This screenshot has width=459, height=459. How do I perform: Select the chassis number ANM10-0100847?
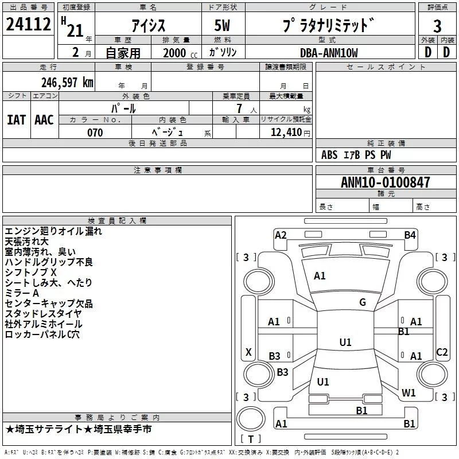tap(386, 182)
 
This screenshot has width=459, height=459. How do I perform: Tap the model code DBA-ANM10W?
tap(329, 53)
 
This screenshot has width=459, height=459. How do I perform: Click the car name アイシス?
tap(149, 26)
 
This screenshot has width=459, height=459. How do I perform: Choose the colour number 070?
tap(95, 133)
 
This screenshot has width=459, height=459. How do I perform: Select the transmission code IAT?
tap(16, 119)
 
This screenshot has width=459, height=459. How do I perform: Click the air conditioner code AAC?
tap(44, 119)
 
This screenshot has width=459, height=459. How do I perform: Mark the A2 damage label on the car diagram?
tap(281, 235)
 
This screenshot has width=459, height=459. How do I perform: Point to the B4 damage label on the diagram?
tap(409, 235)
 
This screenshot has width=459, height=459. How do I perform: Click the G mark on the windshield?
tap(363, 302)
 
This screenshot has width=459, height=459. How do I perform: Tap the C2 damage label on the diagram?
tap(442, 352)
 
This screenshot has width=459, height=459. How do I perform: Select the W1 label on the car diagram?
tap(409, 393)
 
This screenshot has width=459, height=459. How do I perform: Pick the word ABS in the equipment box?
tap(329, 155)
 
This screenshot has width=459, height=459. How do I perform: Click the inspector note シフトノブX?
tap(31, 273)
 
